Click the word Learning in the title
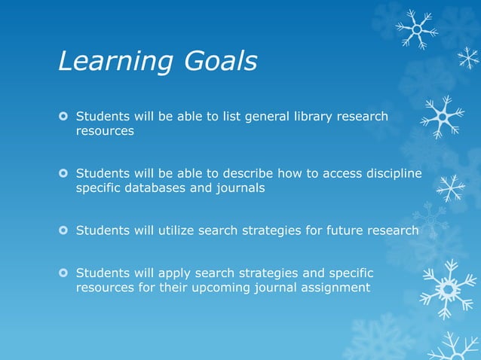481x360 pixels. pyautogui.click(x=113, y=63)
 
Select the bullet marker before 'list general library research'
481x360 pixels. pyautogui.click(x=64, y=117)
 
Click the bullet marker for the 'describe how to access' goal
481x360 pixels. pyautogui.click(x=64, y=174)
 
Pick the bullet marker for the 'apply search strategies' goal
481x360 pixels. pyautogui.click(x=64, y=273)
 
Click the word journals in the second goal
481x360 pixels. pyautogui.click(x=240, y=188)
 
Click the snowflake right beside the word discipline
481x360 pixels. pyautogui.click(x=451, y=187)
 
